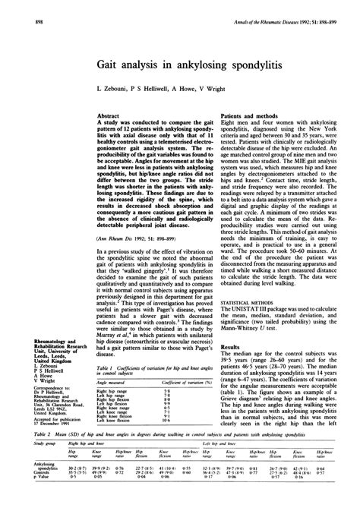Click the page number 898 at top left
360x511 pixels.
tap(17, 8)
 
